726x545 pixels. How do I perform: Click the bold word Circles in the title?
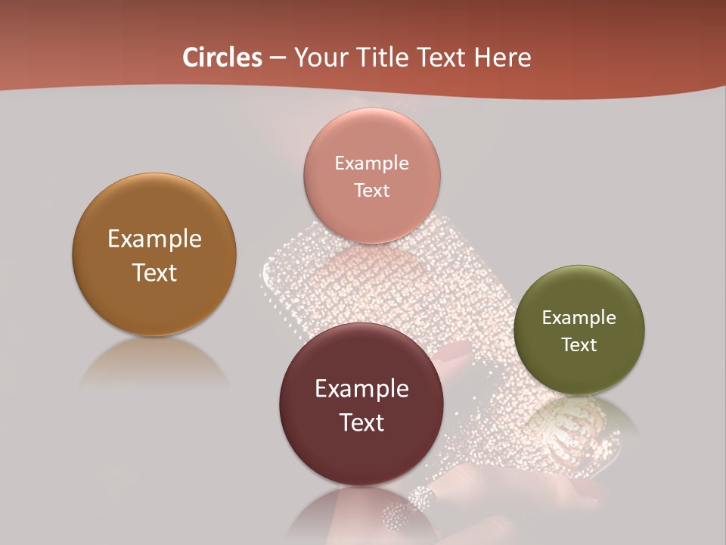coord(222,58)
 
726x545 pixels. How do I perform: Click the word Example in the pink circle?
coord(372,163)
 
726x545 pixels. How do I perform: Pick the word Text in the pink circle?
coord(372,190)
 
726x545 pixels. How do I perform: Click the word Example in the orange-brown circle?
coord(154,238)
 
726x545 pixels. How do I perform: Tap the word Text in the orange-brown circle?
coord(154,272)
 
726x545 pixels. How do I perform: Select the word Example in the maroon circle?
coord(361,388)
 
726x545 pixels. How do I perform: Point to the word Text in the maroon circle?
coord(361,422)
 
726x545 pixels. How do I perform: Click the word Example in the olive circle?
coord(579,317)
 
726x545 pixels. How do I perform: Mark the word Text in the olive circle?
coord(579,344)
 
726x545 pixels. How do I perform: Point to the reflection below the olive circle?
coord(579,424)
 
